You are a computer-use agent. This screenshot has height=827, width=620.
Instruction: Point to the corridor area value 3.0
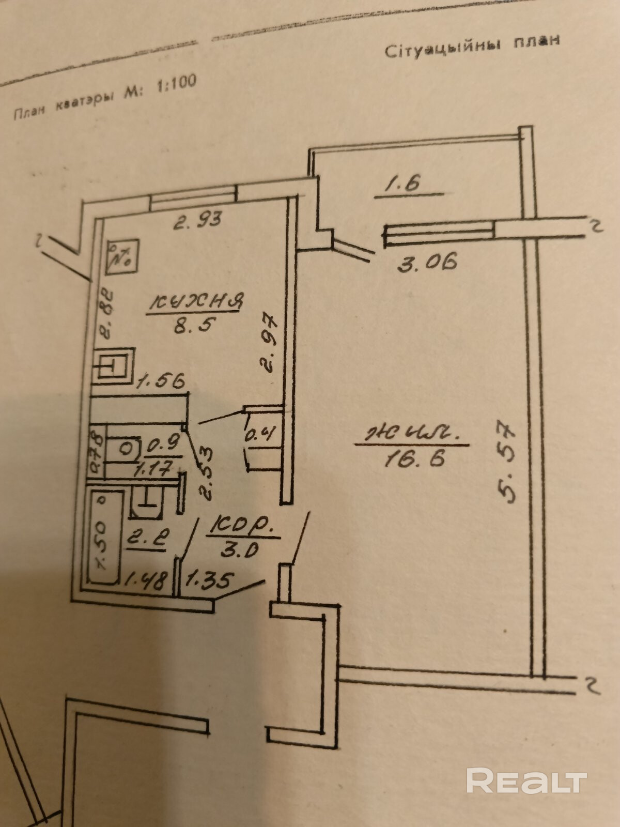coord(239,549)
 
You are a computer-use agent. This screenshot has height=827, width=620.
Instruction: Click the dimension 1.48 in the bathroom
coord(146,581)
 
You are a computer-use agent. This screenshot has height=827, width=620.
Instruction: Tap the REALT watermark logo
coord(526,780)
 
